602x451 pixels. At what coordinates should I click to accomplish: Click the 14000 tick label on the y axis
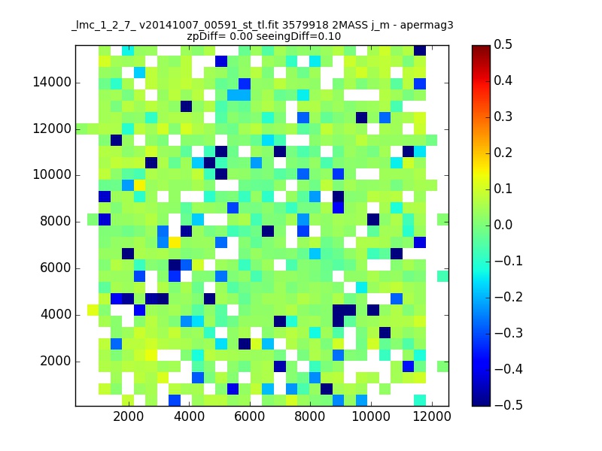52,82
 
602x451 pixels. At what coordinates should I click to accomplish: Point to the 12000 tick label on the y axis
52,129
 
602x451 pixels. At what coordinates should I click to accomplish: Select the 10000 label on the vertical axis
52,175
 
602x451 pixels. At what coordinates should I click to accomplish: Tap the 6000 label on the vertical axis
56,268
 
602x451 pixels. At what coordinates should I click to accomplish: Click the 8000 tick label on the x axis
310,416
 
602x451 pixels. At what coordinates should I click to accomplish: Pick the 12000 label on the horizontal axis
431,416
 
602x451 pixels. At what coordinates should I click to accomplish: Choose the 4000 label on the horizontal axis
189,416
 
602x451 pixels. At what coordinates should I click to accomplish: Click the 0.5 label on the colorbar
503,44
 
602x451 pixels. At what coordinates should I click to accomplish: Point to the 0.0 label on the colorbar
503,225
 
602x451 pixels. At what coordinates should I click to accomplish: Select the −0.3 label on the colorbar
509,333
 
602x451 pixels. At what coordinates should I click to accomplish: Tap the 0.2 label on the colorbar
503,153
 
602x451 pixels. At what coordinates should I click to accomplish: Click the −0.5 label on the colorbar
509,405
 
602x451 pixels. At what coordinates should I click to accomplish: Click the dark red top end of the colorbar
481,47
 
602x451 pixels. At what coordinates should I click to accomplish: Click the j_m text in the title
380,26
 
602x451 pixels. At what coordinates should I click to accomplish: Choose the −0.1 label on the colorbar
509,261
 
